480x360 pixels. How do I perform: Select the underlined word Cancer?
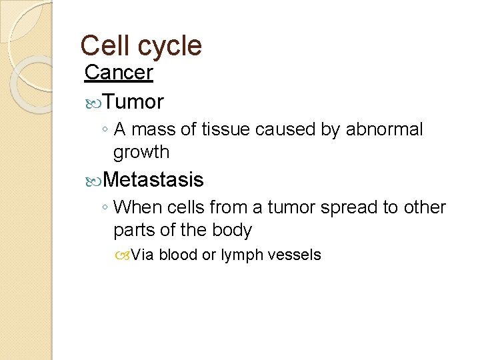119,73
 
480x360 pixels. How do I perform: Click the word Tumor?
134,102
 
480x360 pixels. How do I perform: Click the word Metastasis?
154,179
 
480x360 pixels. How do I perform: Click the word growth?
142,153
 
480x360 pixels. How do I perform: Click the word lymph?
243,255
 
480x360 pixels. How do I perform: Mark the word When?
133,207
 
